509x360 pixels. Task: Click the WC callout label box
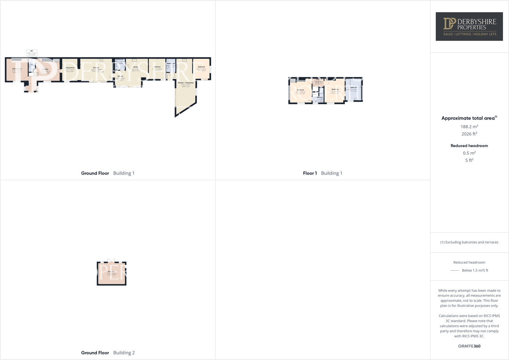coord(32,53)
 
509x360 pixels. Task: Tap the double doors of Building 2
coord(111,261)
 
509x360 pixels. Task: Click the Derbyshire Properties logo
coord(469,26)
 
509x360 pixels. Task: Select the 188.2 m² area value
coord(469,127)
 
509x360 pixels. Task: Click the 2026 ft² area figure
coord(469,134)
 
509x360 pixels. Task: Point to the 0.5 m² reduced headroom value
coord(469,153)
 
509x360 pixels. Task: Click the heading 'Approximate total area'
coord(469,118)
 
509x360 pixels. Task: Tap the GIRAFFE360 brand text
coord(469,346)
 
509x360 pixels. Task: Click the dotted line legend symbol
coord(454,270)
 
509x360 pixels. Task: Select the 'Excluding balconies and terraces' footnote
coord(469,242)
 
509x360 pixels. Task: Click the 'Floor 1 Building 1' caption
coord(322,173)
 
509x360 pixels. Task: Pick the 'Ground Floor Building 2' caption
coord(108,353)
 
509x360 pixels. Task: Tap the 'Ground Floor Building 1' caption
coord(108,173)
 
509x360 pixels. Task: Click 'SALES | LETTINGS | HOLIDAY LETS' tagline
coord(470,34)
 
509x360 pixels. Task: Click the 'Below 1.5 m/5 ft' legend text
coord(475,270)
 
